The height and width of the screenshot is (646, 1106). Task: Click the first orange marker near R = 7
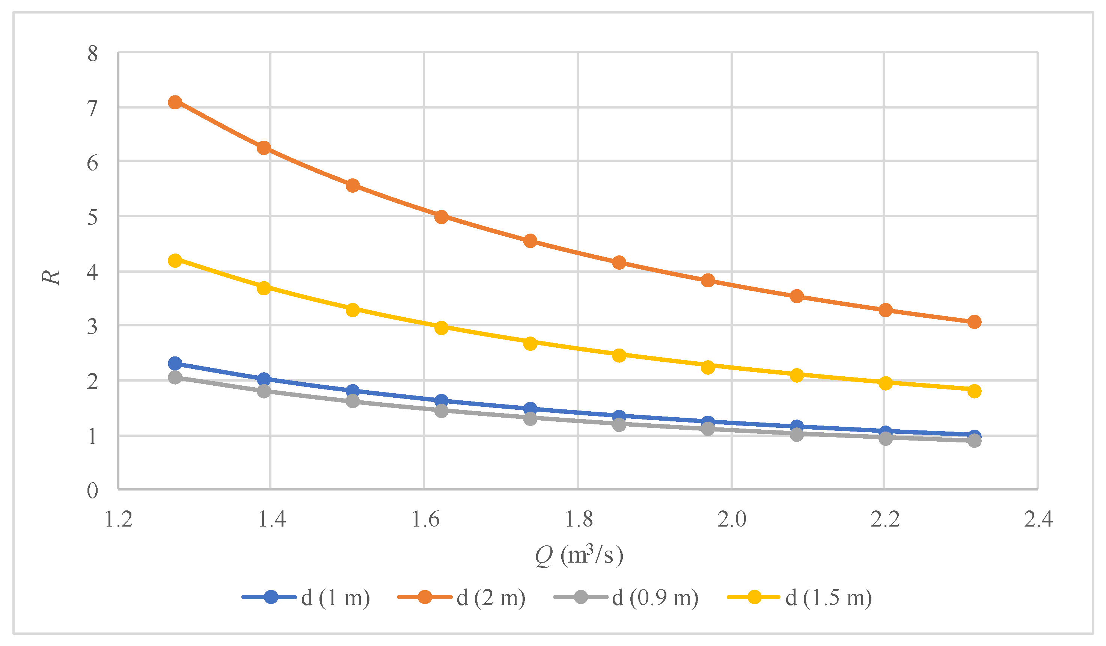point(175,102)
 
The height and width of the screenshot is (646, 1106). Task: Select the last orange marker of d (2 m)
point(974,322)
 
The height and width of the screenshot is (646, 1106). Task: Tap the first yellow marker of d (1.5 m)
point(175,260)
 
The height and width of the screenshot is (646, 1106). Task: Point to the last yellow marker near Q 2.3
point(974,391)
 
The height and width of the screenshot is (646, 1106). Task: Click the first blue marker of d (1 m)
point(175,363)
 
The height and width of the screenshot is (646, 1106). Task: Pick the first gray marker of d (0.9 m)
point(175,377)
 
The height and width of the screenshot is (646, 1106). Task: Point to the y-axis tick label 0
point(93,491)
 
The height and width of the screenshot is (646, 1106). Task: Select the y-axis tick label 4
point(93,272)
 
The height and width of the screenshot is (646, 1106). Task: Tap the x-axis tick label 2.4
point(1038,519)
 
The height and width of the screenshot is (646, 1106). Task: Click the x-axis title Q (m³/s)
point(579,555)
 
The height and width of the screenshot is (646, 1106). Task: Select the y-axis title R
point(51,277)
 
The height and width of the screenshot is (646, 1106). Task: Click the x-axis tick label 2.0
point(732,519)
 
